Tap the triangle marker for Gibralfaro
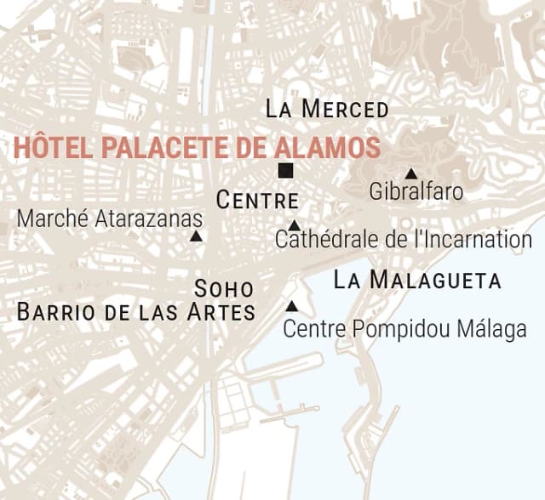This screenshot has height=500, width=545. (411, 173)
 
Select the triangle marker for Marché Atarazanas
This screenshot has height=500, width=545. (196, 237)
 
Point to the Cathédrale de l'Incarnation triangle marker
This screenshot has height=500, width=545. (294, 225)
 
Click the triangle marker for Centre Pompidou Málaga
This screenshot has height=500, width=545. (292, 306)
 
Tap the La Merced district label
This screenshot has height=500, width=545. (327, 110)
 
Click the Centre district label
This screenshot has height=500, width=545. (257, 202)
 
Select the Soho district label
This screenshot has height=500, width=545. (225, 287)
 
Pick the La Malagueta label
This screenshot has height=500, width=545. (417, 281)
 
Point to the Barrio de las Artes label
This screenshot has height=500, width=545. (136, 311)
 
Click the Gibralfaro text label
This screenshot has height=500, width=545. (416, 192)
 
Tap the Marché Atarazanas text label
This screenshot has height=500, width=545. (110, 219)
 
